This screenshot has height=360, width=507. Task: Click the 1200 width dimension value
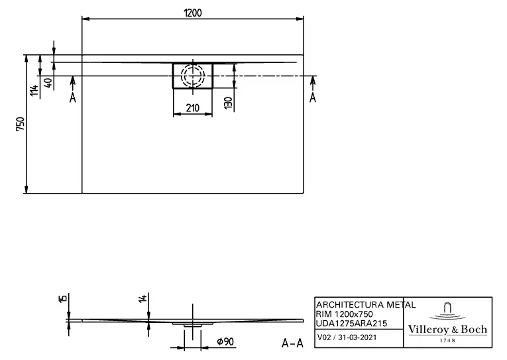(192, 13)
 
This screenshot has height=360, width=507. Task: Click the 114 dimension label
(34, 90)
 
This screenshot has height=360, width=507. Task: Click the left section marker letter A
(73, 97)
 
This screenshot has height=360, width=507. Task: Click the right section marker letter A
(313, 97)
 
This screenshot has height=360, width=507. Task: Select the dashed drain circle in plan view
(193, 76)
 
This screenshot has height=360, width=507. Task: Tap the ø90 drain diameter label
(225, 341)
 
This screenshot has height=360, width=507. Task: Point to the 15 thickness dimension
(62, 300)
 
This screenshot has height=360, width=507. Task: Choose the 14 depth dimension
(142, 300)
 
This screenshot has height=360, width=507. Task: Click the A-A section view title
(292, 342)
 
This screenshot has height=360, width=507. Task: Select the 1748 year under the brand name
(447, 340)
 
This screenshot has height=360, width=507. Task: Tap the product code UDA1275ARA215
(351, 323)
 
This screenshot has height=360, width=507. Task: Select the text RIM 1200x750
(343, 314)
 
